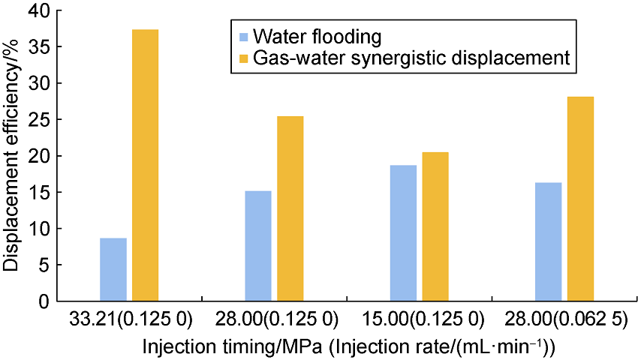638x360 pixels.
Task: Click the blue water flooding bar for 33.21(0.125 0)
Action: [x=113, y=269]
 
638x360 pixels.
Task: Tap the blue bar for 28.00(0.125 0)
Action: [x=258, y=246]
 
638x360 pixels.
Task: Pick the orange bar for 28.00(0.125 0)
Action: [x=290, y=208]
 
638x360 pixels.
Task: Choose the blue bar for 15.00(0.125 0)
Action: [x=403, y=233]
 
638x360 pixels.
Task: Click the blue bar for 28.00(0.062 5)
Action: [x=548, y=241]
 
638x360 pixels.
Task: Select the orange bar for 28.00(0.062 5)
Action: [x=580, y=199]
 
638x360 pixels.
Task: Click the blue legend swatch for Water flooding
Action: [x=242, y=37]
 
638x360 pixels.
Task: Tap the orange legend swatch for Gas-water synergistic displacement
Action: [x=242, y=58]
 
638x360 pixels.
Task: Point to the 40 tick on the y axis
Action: [x=34, y=10]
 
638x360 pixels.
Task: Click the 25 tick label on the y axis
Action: [x=34, y=119]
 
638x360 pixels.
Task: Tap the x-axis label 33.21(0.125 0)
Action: [x=130, y=319]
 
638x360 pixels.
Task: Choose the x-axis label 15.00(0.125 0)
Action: [x=419, y=319]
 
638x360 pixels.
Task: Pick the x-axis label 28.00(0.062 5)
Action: [x=564, y=319]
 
